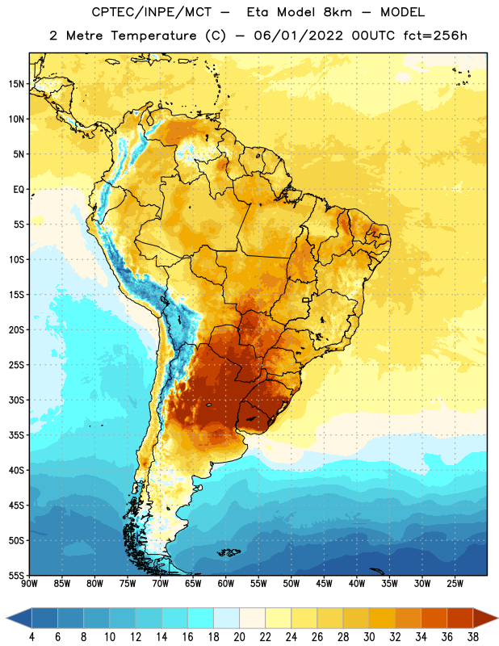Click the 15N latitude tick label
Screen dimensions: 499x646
16,84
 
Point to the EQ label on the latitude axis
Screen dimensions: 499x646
19,190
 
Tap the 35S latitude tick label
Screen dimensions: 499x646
16,435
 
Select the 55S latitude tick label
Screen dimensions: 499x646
16,576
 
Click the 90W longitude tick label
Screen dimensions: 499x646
29,583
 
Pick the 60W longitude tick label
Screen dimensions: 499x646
226,583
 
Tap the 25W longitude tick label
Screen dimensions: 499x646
455,583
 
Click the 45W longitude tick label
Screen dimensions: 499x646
324,583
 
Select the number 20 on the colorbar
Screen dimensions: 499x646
239,637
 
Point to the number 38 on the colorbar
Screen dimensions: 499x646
473,637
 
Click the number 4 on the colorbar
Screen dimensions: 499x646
31,637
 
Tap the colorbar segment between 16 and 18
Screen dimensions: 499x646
201,618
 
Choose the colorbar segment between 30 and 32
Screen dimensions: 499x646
383,618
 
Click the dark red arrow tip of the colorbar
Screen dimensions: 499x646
497,618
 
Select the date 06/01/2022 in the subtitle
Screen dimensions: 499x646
298,36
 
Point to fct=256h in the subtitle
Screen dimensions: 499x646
435,36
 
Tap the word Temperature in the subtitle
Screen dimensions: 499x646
153,36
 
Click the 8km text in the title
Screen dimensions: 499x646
338,12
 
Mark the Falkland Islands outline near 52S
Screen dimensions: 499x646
229,552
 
